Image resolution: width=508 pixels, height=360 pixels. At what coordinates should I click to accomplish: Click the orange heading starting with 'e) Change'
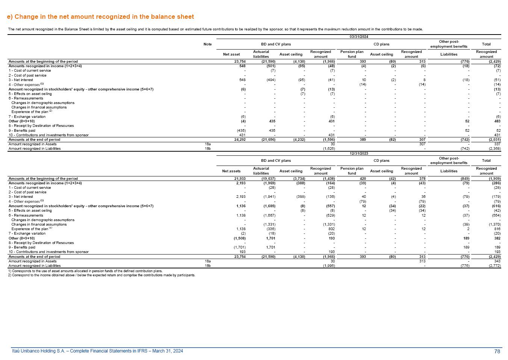(100, 17)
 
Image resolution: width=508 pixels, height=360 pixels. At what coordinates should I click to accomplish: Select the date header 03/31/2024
(358, 36)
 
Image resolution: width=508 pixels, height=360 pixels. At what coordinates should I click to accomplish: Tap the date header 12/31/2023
(358, 153)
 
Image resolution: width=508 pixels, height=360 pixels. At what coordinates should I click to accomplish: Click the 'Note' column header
(207, 44)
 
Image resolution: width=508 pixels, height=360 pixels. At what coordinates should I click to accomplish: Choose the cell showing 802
(332, 229)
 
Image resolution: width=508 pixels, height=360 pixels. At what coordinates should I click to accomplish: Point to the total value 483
(497, 121)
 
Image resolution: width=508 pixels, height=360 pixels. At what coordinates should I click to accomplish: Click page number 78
(497, 351)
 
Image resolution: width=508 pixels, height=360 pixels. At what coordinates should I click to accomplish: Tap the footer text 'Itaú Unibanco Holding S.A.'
(98, 351)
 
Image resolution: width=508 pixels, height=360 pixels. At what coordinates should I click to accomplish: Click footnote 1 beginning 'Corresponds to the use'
(85, 271)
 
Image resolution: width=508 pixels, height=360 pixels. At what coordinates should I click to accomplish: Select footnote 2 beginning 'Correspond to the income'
(101, 275)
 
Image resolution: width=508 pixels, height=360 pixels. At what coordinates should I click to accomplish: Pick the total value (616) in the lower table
(496, 206)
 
